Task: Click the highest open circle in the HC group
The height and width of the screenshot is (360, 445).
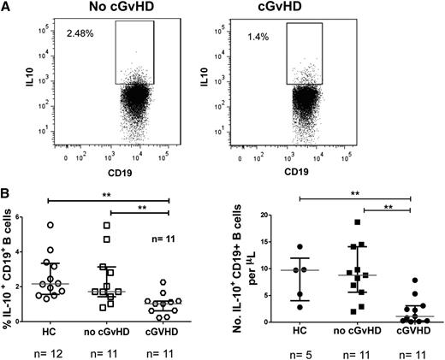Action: [50, 225]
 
